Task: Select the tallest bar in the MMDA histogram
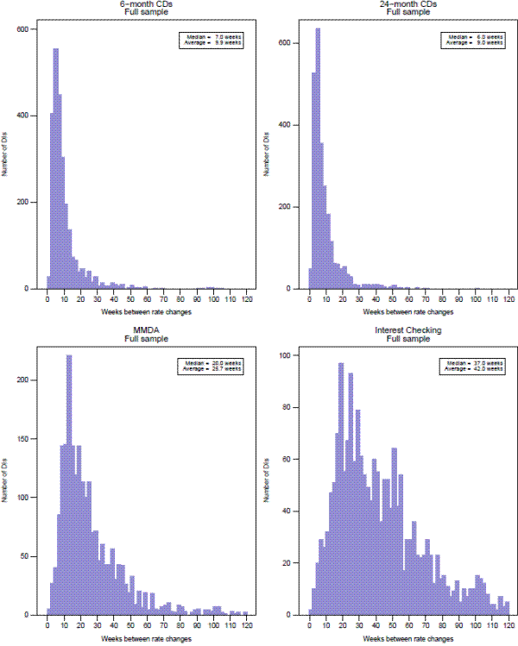68,483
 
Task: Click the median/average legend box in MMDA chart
219,367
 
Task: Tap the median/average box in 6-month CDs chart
219,41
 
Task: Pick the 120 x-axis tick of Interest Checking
508,626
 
